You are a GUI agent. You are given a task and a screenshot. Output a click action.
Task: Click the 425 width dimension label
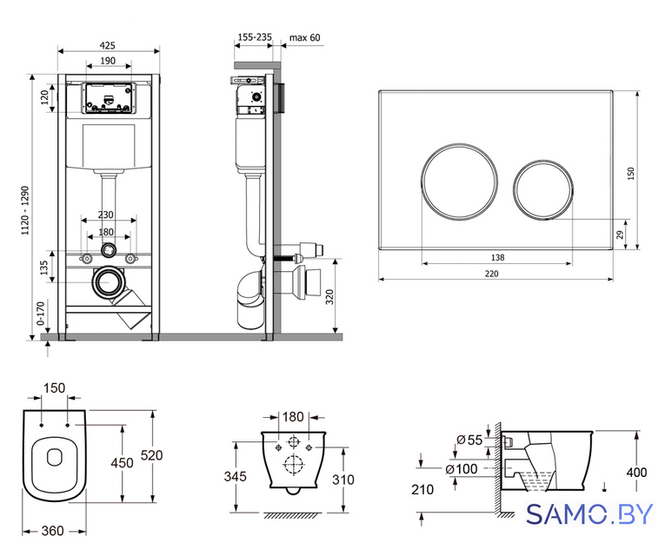point(108,45)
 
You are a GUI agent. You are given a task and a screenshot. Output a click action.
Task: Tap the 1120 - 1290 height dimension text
point(25,210)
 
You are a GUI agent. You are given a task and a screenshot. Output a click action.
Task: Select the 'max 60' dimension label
point(304,37)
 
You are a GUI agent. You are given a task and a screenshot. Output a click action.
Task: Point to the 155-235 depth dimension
point(255,36)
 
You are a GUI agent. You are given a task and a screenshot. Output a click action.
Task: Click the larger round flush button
point(459,182)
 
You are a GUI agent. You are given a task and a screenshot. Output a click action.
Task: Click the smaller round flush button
point(543,190)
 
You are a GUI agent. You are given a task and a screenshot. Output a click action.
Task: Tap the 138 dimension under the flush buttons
point(497,257)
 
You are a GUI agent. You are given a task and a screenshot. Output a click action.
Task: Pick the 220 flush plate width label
point(491,274)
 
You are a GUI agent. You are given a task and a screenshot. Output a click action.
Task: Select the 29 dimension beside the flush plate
point(620,235)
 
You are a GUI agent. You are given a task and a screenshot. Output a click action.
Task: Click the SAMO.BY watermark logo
point(589,514)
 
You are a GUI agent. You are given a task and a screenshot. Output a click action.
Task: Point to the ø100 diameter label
point(462,469)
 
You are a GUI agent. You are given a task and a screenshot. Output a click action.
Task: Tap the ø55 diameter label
point(469,440)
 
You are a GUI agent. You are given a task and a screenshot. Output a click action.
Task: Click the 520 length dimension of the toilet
point(151,455)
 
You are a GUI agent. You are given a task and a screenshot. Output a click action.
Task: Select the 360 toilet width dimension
point(52,531)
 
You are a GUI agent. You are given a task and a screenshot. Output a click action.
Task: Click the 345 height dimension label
point(235,476)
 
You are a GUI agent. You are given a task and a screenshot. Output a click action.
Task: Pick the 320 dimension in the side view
point(330,296)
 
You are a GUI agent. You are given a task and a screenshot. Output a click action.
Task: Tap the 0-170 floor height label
point(41,313)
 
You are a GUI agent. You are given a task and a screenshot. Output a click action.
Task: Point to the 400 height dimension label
point(636,472)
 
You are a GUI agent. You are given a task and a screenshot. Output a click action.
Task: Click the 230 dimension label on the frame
point(105,215)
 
